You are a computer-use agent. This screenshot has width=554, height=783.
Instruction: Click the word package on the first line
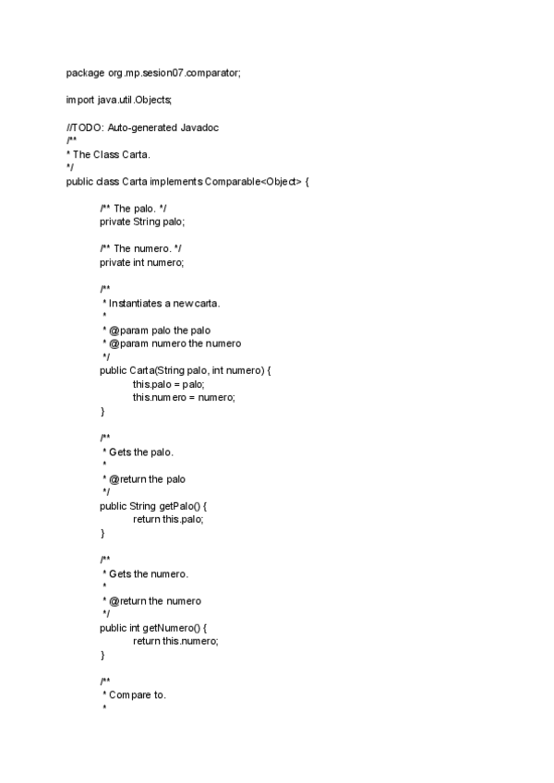click(x=86, y=72)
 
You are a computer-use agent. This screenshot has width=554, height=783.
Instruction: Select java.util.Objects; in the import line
click(x=135, y=100)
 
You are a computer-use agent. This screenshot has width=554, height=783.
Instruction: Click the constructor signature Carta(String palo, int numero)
click(x=199, y=370)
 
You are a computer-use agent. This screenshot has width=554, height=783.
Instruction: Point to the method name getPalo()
click(x=179, y=506)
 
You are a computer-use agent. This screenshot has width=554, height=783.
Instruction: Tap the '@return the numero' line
click(x=155, y=601)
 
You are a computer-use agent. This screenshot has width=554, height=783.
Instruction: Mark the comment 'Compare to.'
click(x=138, y=695)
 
